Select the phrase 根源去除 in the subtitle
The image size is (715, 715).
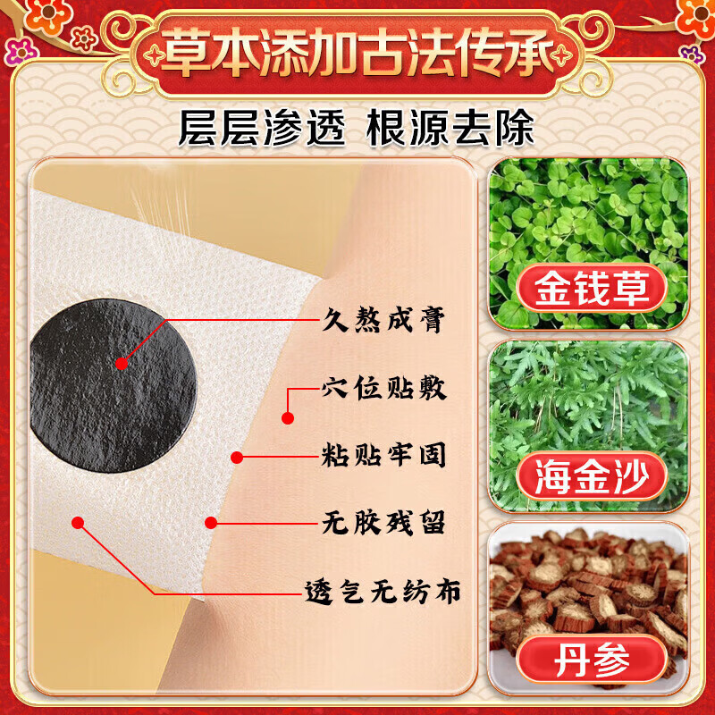(450, 127)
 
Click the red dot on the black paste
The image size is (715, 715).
(122, 362)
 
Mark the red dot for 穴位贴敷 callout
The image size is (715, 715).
(288, 416)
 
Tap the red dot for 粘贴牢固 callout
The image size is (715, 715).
(237, 458)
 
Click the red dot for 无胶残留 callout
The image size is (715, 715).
(211, 522)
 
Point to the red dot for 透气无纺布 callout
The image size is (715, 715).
(79, 522)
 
